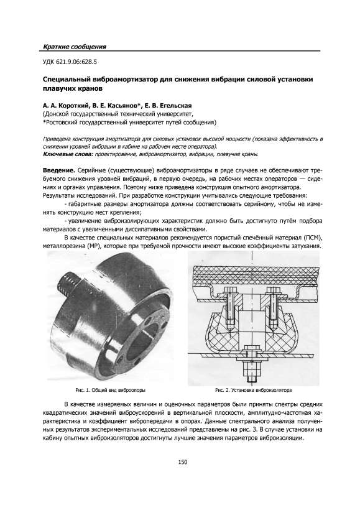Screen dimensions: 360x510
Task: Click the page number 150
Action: pyautogui.click(x=183, y=462)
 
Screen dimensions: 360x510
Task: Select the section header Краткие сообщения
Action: pyautogui.click(x=75, y=47)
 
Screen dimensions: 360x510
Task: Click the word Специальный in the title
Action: pyautogui.click(x=67, y=80)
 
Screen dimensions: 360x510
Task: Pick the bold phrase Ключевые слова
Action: pyautogui.click(x=68, y=154)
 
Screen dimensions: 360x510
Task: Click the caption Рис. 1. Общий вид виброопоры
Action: pyautogui.click(x=110, y=390)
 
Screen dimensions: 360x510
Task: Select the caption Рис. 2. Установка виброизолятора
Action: pyautogui.click(x=253, y=390)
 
